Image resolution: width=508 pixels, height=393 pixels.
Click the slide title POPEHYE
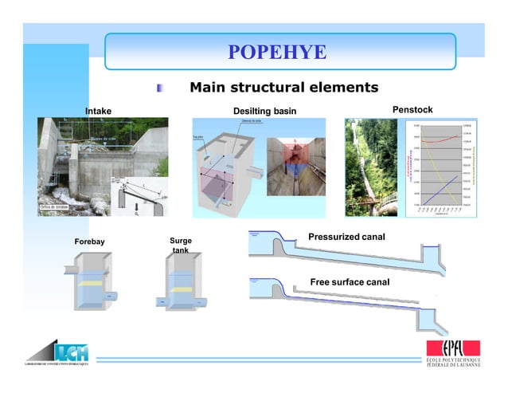pos(277,53)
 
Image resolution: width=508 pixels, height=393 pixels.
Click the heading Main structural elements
pos(283,87)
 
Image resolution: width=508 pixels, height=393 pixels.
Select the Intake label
pos(98,111)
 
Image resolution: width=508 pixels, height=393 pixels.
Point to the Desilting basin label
pos(264,110)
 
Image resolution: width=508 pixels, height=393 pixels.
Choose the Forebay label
pos(89,241)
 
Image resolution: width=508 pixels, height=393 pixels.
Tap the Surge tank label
pos(181,246)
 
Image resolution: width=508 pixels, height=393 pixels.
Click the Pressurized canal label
pos(346,237)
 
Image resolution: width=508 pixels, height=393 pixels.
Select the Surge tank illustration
pos(184,283)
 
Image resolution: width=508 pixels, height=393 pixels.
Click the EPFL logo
pos(453,354)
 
